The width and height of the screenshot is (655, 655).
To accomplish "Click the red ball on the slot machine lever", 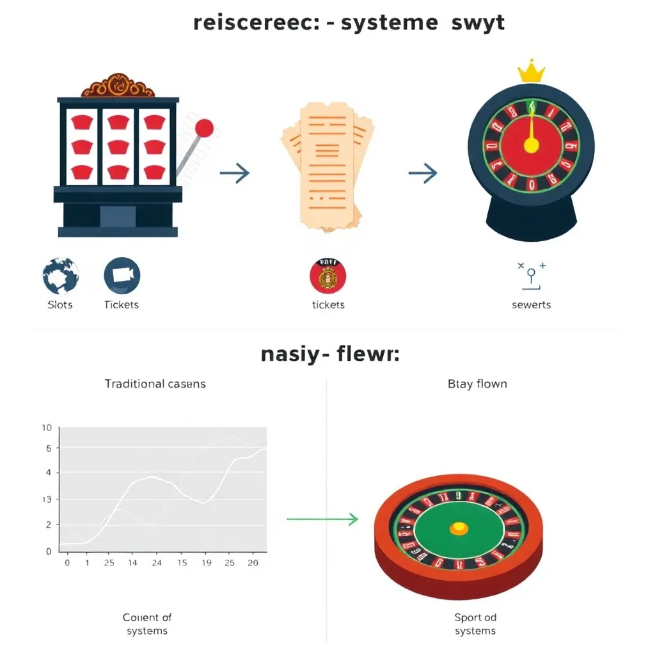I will (204, 128).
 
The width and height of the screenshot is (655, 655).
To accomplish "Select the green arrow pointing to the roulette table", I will (322, 519).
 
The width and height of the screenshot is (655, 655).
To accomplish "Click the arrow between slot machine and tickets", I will (234, 173).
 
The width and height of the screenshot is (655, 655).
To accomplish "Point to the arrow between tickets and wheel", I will (423, 173).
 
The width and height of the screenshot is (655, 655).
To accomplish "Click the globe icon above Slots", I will (61, 276).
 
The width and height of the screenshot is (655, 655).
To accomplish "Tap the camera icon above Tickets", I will (122, 276).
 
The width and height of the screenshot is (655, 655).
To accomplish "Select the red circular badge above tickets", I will (327, 276).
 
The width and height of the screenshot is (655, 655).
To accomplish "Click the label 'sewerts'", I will (531, 304).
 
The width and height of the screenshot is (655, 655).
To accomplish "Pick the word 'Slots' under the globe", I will (60, 304).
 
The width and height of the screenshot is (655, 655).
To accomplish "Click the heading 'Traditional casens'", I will (155, 384).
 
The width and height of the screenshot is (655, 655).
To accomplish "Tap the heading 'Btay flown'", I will (477, 384).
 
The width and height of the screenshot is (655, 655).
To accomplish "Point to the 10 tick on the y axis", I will (45, 428).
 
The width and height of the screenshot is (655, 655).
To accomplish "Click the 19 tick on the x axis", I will (206, 563).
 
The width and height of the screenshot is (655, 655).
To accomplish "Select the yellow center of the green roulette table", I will (459, 528).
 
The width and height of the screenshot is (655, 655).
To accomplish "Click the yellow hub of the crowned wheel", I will (531, 146).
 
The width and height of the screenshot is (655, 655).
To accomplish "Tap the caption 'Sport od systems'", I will (475, 624).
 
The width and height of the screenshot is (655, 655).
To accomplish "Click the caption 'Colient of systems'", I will (147, 624).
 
